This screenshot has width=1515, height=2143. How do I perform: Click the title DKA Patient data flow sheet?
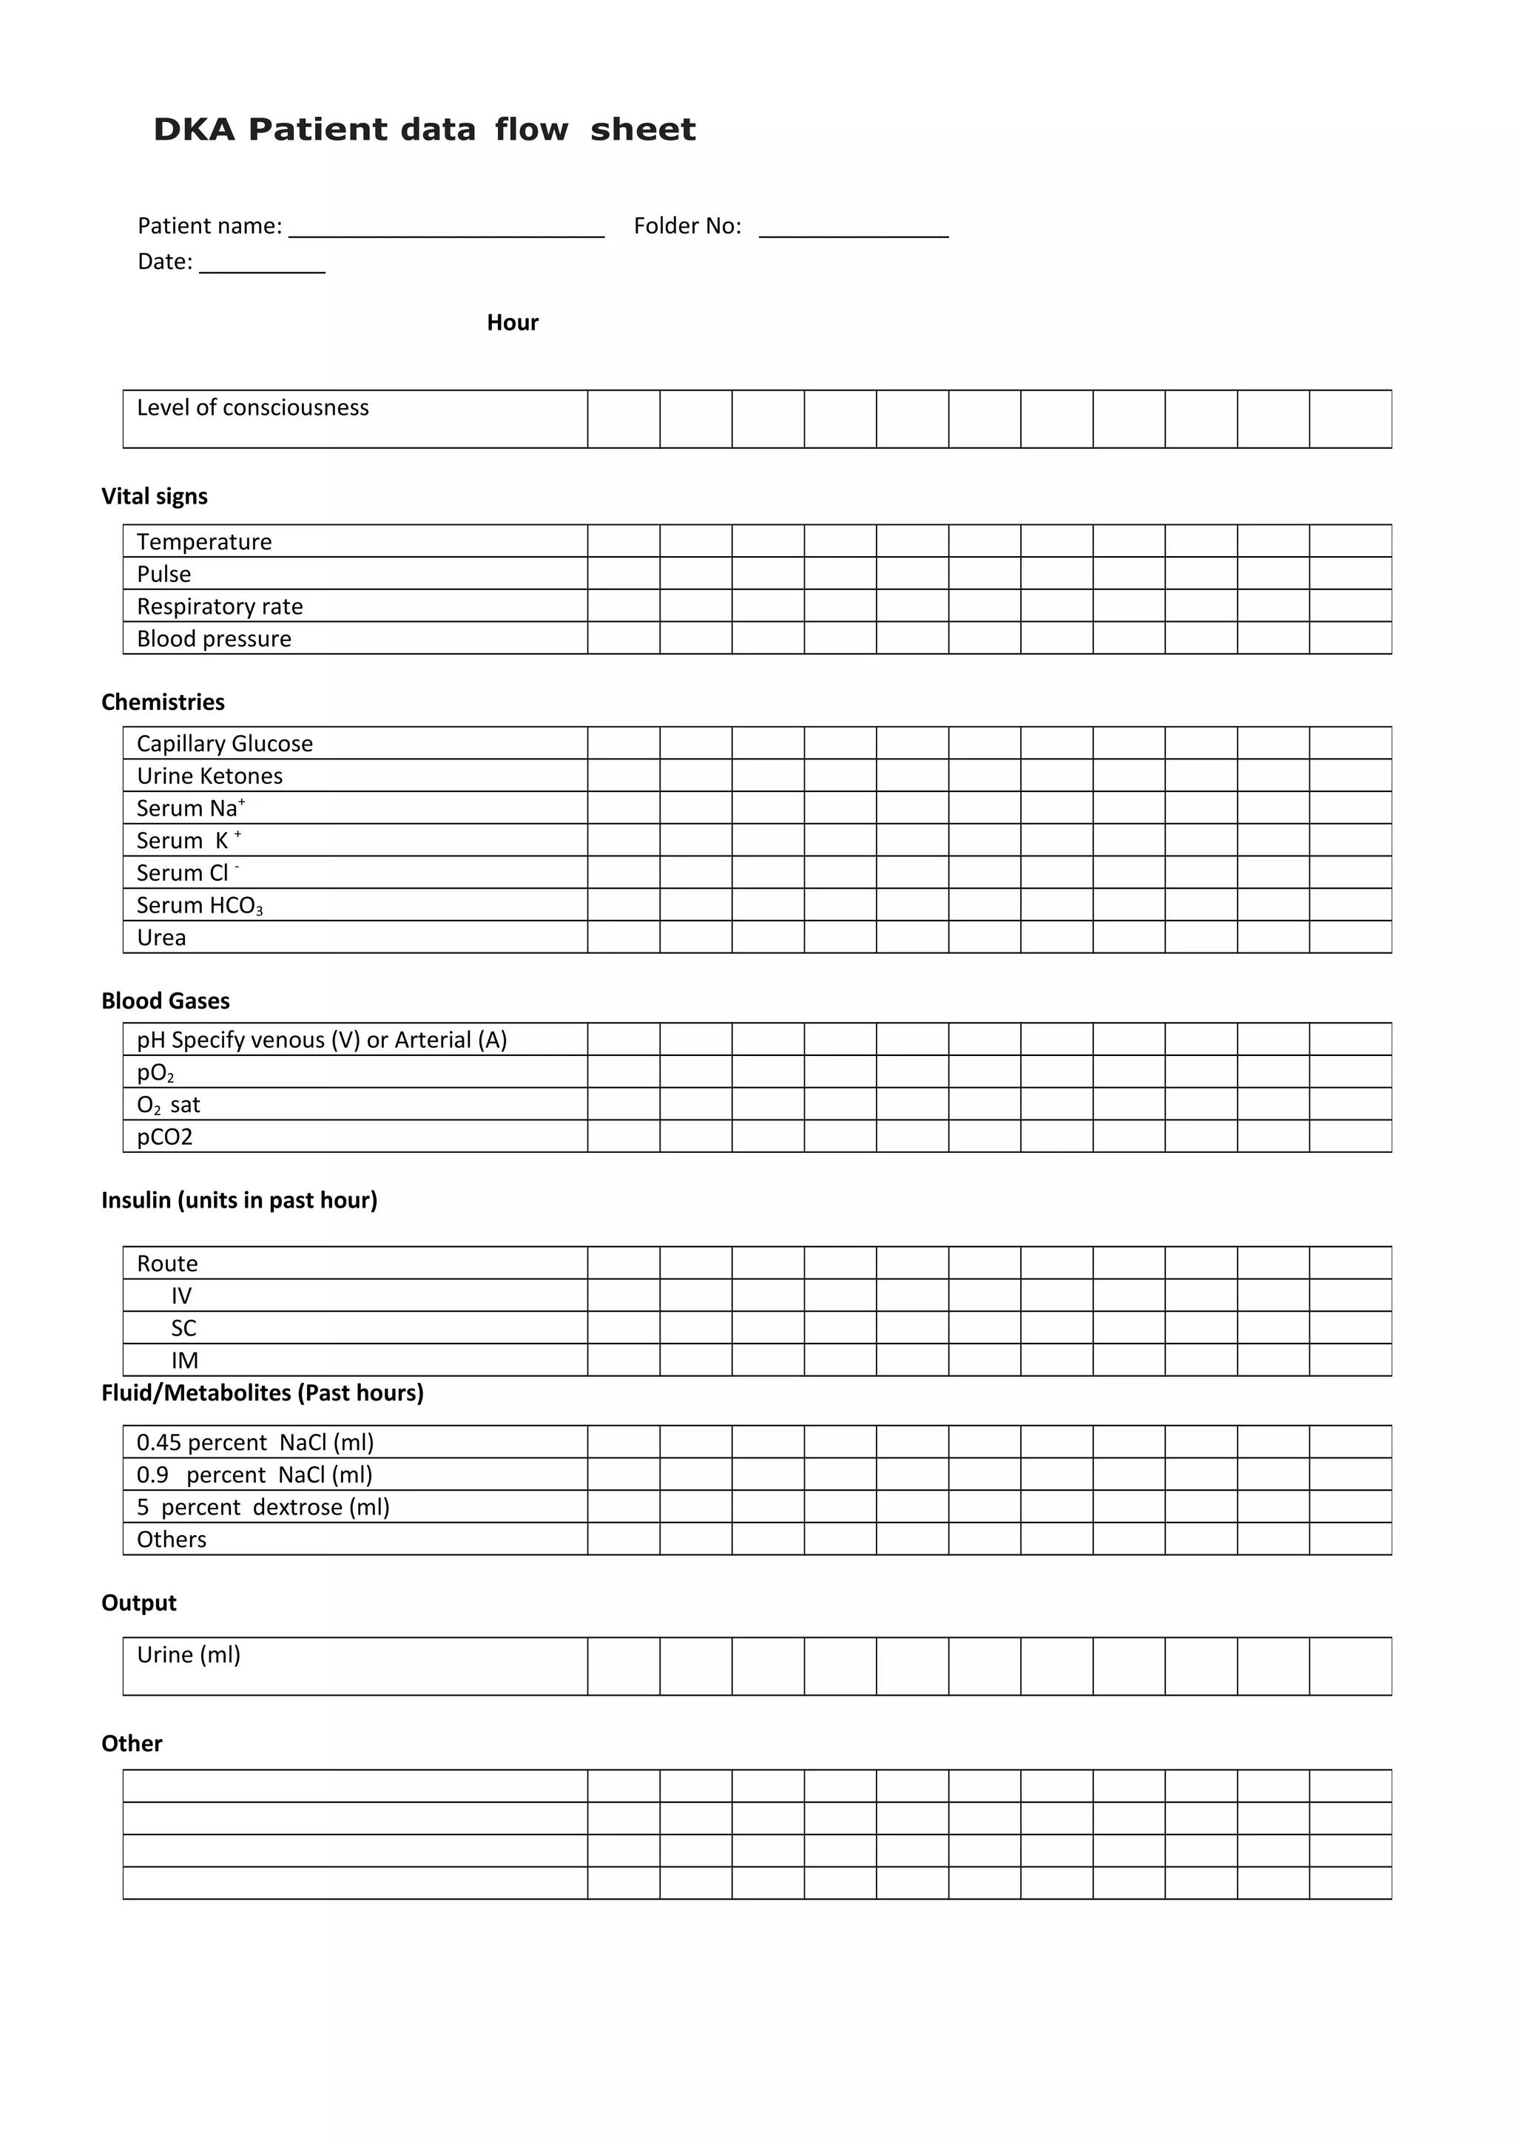click(424, 129)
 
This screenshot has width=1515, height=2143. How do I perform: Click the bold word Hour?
click(513, 323)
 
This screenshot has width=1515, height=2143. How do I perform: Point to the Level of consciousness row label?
click(253, 408)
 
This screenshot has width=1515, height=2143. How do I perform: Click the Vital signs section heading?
click(154, 496)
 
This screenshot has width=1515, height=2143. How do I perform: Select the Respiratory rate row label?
click(220, 606)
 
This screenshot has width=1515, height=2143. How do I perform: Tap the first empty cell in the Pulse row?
click(624, 573)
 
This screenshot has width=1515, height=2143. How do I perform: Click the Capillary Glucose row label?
click(224, 744)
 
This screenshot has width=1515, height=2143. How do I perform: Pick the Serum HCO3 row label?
click(199, 905)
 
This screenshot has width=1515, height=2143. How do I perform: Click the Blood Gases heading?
click(165, 1001)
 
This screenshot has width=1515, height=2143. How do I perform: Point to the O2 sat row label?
click(168, 1105)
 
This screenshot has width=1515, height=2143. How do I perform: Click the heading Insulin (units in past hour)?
click(239, 1200)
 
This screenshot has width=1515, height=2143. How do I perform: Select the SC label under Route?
click(184, 1328)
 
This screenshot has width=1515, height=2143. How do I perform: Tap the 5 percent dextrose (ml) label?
click(263, 1507)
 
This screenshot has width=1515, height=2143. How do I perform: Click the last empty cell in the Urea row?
click(1350, 937)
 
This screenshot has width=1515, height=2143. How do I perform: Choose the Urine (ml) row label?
click(189, 1655)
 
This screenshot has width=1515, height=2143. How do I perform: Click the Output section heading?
click(139, 1603)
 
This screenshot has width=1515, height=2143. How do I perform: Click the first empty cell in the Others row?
click(624, 1539)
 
